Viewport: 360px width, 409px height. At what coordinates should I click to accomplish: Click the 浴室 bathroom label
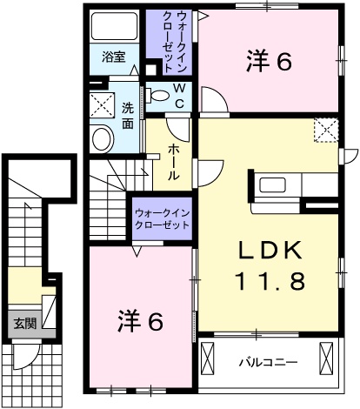coord(113,58)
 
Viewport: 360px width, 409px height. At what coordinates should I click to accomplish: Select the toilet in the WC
coord(157,94)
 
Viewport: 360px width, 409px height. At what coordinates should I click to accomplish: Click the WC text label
coord(178,96)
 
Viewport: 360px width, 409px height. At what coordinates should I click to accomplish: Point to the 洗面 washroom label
coord(127,115)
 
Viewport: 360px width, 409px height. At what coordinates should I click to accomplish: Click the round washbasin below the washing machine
coord(103,137)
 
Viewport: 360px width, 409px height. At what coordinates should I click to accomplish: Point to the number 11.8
coord(270,280)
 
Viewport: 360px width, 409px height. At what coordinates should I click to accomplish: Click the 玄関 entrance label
coord(24,323)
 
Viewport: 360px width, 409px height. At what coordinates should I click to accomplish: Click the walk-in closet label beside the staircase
coord(162,218)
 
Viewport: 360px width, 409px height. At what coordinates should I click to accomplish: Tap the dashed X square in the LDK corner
coord(325,130)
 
